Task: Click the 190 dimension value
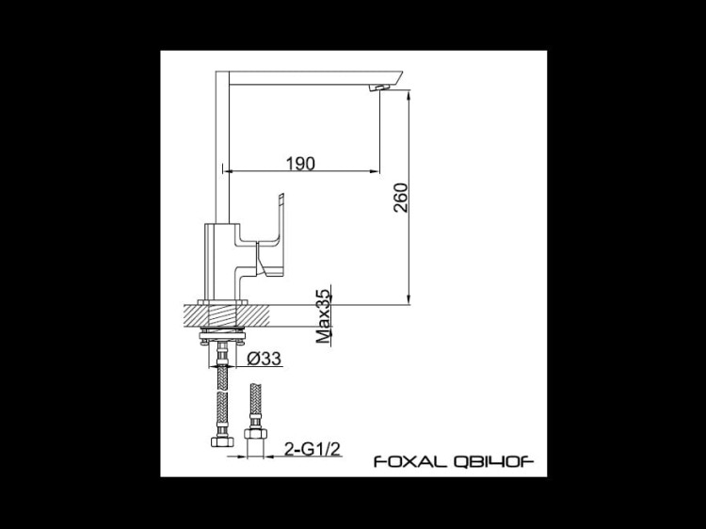click(x=300, y=163)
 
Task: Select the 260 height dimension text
click(x=400, y=196)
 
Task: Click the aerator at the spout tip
click(x=379, y=87)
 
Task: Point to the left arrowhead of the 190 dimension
click(x=227, y=171)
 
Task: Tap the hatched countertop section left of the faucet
click(x=203, y=313)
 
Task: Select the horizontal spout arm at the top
click(x=311, y=77)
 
